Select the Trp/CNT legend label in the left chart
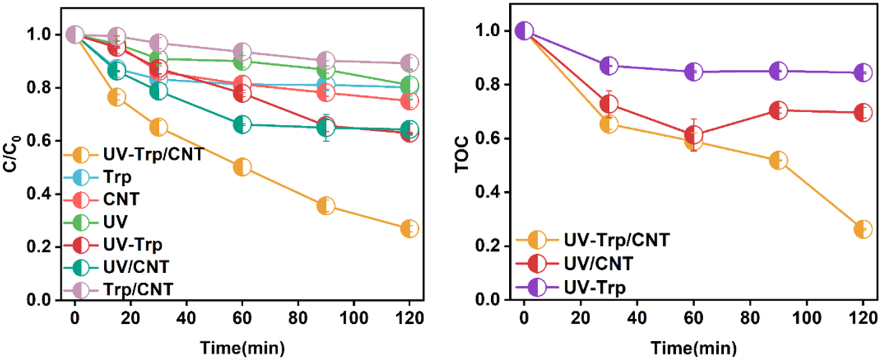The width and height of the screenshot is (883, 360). (138, 289)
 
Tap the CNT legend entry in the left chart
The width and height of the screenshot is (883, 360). (121, 199)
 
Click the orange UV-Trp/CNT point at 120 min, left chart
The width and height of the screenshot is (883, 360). (409, 229)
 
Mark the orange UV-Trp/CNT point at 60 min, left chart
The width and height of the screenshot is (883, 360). (242, 167)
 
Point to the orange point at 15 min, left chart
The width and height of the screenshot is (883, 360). (116, 98)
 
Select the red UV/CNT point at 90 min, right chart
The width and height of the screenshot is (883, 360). (778, 110)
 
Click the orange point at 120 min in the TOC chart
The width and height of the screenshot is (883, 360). (863, 229)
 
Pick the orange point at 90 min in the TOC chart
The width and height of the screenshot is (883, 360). (778, 161)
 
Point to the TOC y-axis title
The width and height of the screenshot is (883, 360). (462, 154)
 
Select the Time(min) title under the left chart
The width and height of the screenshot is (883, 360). (242, 347)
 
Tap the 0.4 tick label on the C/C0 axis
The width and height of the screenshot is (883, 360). (38, 193)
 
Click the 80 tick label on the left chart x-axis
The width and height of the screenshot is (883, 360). (298, 318)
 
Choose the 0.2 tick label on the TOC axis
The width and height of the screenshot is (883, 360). (488, 246)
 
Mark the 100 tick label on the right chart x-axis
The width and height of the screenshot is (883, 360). (806, 318)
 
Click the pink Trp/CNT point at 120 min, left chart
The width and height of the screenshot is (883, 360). (409, 63)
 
